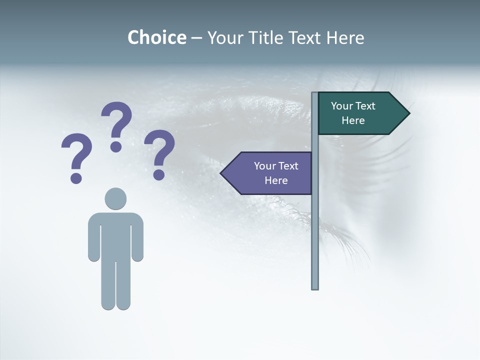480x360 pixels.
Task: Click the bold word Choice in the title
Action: click(x=156, y=37)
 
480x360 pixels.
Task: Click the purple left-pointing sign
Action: click(x=270, y=173)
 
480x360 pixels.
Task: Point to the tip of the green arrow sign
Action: click(x=408, y=113)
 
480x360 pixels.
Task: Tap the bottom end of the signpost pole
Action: click(x=315, y=287)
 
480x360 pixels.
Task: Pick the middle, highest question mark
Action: click(x=116, y=125)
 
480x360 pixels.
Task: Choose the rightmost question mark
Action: click(x=159, y=152)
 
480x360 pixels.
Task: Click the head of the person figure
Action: click(x=115, y=198)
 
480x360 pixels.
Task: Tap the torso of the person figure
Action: click(x=115, y=235)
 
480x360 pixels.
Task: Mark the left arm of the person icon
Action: click(x=93, y=240)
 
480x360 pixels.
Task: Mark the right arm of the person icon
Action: click(x=138, y=240)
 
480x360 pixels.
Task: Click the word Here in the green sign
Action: click(x=353, y=120)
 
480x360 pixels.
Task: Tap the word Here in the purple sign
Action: click(x=276, y=180)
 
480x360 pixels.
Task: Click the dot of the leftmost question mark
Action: click(x=76, y=178)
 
